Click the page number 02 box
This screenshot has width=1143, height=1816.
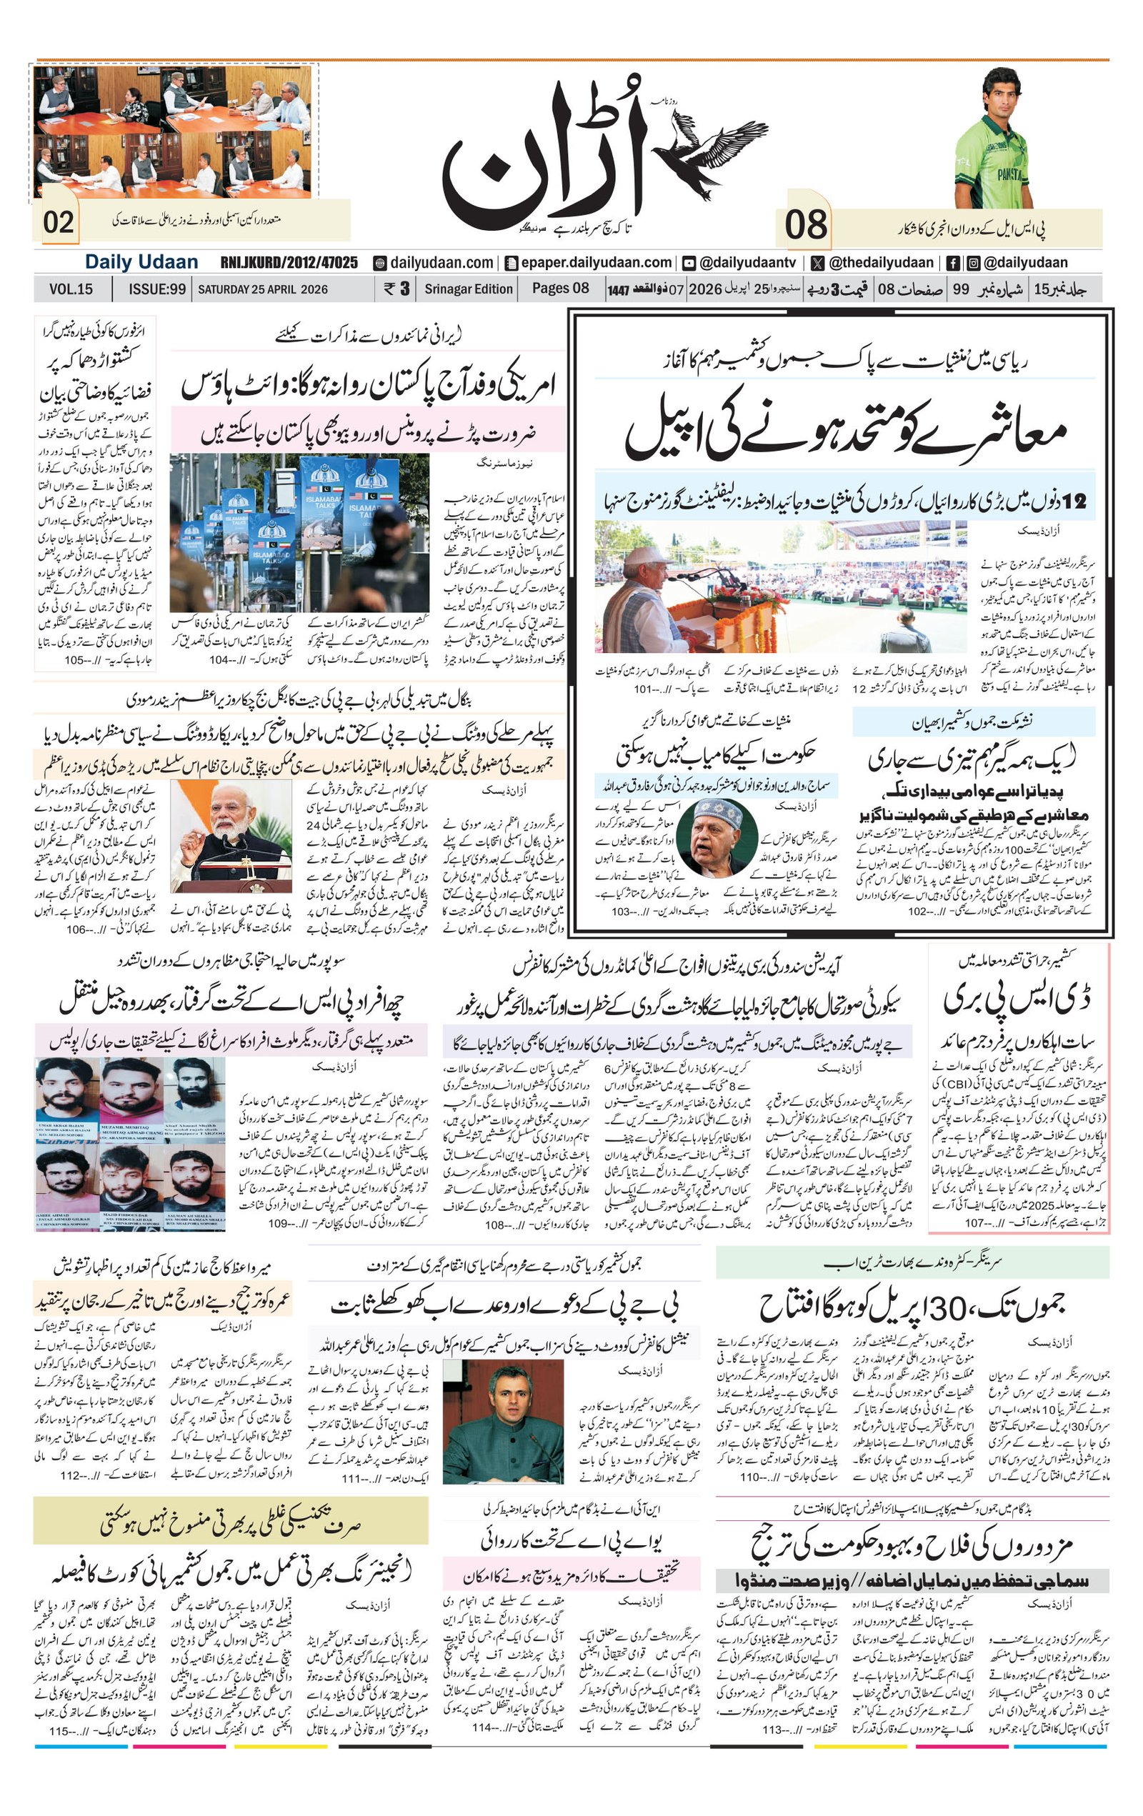click(x=58, y=221)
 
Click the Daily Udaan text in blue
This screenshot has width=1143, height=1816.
click(x=141, y=262)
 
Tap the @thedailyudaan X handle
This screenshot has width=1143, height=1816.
click(x=881, y=262)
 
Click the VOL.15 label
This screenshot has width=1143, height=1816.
click(x=71, y=289)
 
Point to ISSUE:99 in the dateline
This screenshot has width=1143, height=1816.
click(x=157, y=289)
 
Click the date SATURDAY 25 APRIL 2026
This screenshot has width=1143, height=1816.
click(x=262, y=289)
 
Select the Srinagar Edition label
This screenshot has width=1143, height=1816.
click(x=468, y=289)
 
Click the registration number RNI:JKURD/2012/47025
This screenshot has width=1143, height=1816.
click(x=289, y=262)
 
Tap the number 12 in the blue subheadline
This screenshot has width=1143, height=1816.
click(x=1074, y=501)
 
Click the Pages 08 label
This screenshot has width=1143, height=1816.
click(x=560, y=288)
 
